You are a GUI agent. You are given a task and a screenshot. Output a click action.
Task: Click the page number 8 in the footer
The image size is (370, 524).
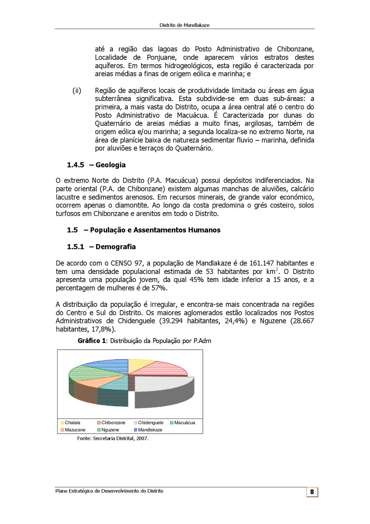point(312,492)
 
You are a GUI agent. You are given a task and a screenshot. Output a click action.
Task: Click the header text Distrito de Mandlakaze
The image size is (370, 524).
point(184,25)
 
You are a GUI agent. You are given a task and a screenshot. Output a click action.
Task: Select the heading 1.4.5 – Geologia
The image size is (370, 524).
point(96,165)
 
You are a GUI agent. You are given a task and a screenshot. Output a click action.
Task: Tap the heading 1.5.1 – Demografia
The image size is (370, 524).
point(101,247)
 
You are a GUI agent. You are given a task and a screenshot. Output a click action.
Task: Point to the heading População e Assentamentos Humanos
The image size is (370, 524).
point(155,230)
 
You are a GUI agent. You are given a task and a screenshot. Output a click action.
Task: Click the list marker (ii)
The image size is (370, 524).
point(77,91)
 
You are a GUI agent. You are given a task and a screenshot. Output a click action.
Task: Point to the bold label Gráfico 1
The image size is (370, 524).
point(92,341)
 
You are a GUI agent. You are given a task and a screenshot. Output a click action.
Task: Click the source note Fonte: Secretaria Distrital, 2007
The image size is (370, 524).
point(113,438)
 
